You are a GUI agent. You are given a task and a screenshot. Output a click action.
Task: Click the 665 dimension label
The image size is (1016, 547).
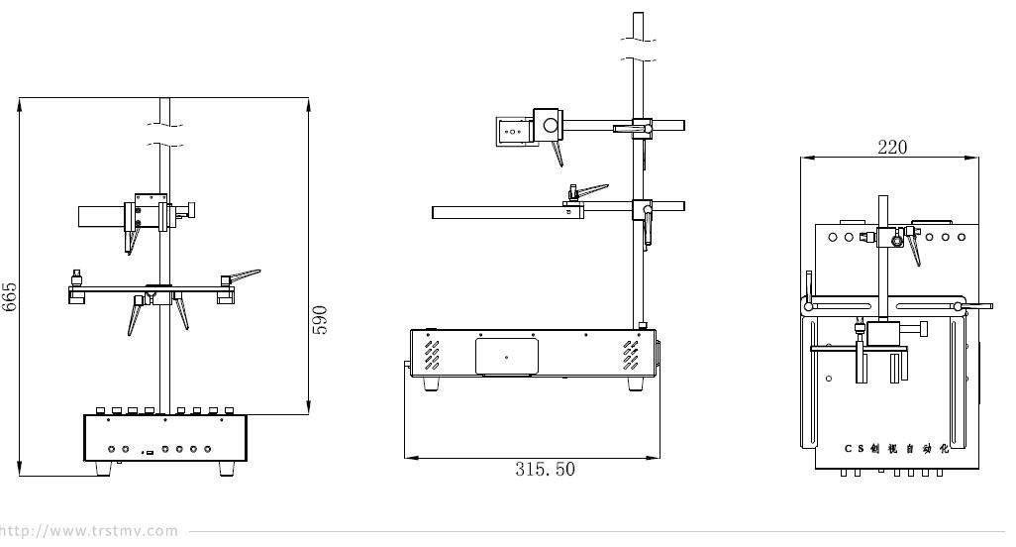(10, 297)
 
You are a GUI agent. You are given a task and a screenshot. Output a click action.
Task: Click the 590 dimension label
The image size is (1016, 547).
(320, 320)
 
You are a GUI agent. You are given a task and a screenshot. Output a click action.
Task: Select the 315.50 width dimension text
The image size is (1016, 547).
(545, 469)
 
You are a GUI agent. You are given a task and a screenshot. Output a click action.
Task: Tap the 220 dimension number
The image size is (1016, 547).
(892, 147)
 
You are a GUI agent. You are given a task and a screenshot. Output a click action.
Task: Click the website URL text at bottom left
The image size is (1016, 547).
(89, 531)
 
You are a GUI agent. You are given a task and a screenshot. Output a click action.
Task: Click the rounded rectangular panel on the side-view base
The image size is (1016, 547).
(507, 357)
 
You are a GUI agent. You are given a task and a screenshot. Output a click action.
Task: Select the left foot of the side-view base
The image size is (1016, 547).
(430, 383)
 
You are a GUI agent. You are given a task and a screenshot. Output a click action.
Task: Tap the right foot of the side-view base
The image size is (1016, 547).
(637, 383)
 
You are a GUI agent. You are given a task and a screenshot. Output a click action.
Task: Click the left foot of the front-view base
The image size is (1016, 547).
(103, 469)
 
